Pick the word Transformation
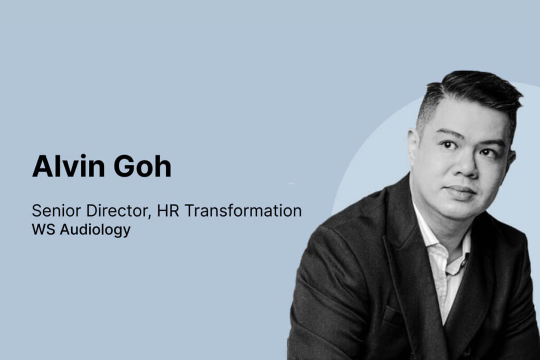pyautogui.click(x=243, y=210)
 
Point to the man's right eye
pyautogui.click(x=448, y=145)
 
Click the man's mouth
pyautogui.click(x=460, y=190)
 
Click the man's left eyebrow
pyautogui.click(x=491, y=142)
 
